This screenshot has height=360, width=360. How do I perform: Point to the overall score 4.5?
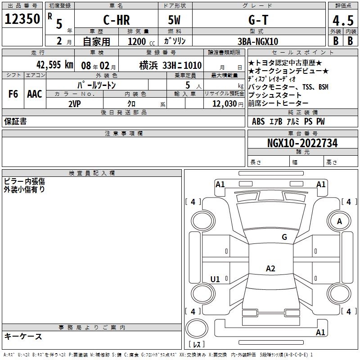pyautogui.click(x=343, y=21)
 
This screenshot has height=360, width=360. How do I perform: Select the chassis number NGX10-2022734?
pyautogui.click(x=302, y=143)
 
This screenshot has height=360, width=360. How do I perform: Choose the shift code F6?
pyautogui.click(x=13, y=94)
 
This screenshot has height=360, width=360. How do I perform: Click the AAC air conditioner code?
pyautogui.click(x=35, y=94)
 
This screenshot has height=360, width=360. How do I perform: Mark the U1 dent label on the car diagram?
pyautogui.click(x=215, y=279)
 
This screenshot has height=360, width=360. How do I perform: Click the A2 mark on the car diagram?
pyautogui.click(x=270, y=269)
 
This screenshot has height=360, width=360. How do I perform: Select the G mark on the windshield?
pyautogui.click(x=284, y=237)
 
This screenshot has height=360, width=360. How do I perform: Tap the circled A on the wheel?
pyautogui.click(x=339, y=221)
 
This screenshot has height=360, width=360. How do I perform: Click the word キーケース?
pyautogui.click(x=23, y=337)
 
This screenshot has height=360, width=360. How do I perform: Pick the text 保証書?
pyautogui.click(x=15, y=121)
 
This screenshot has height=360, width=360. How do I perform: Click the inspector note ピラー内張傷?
pyautogui.click(x=25, y=181)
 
